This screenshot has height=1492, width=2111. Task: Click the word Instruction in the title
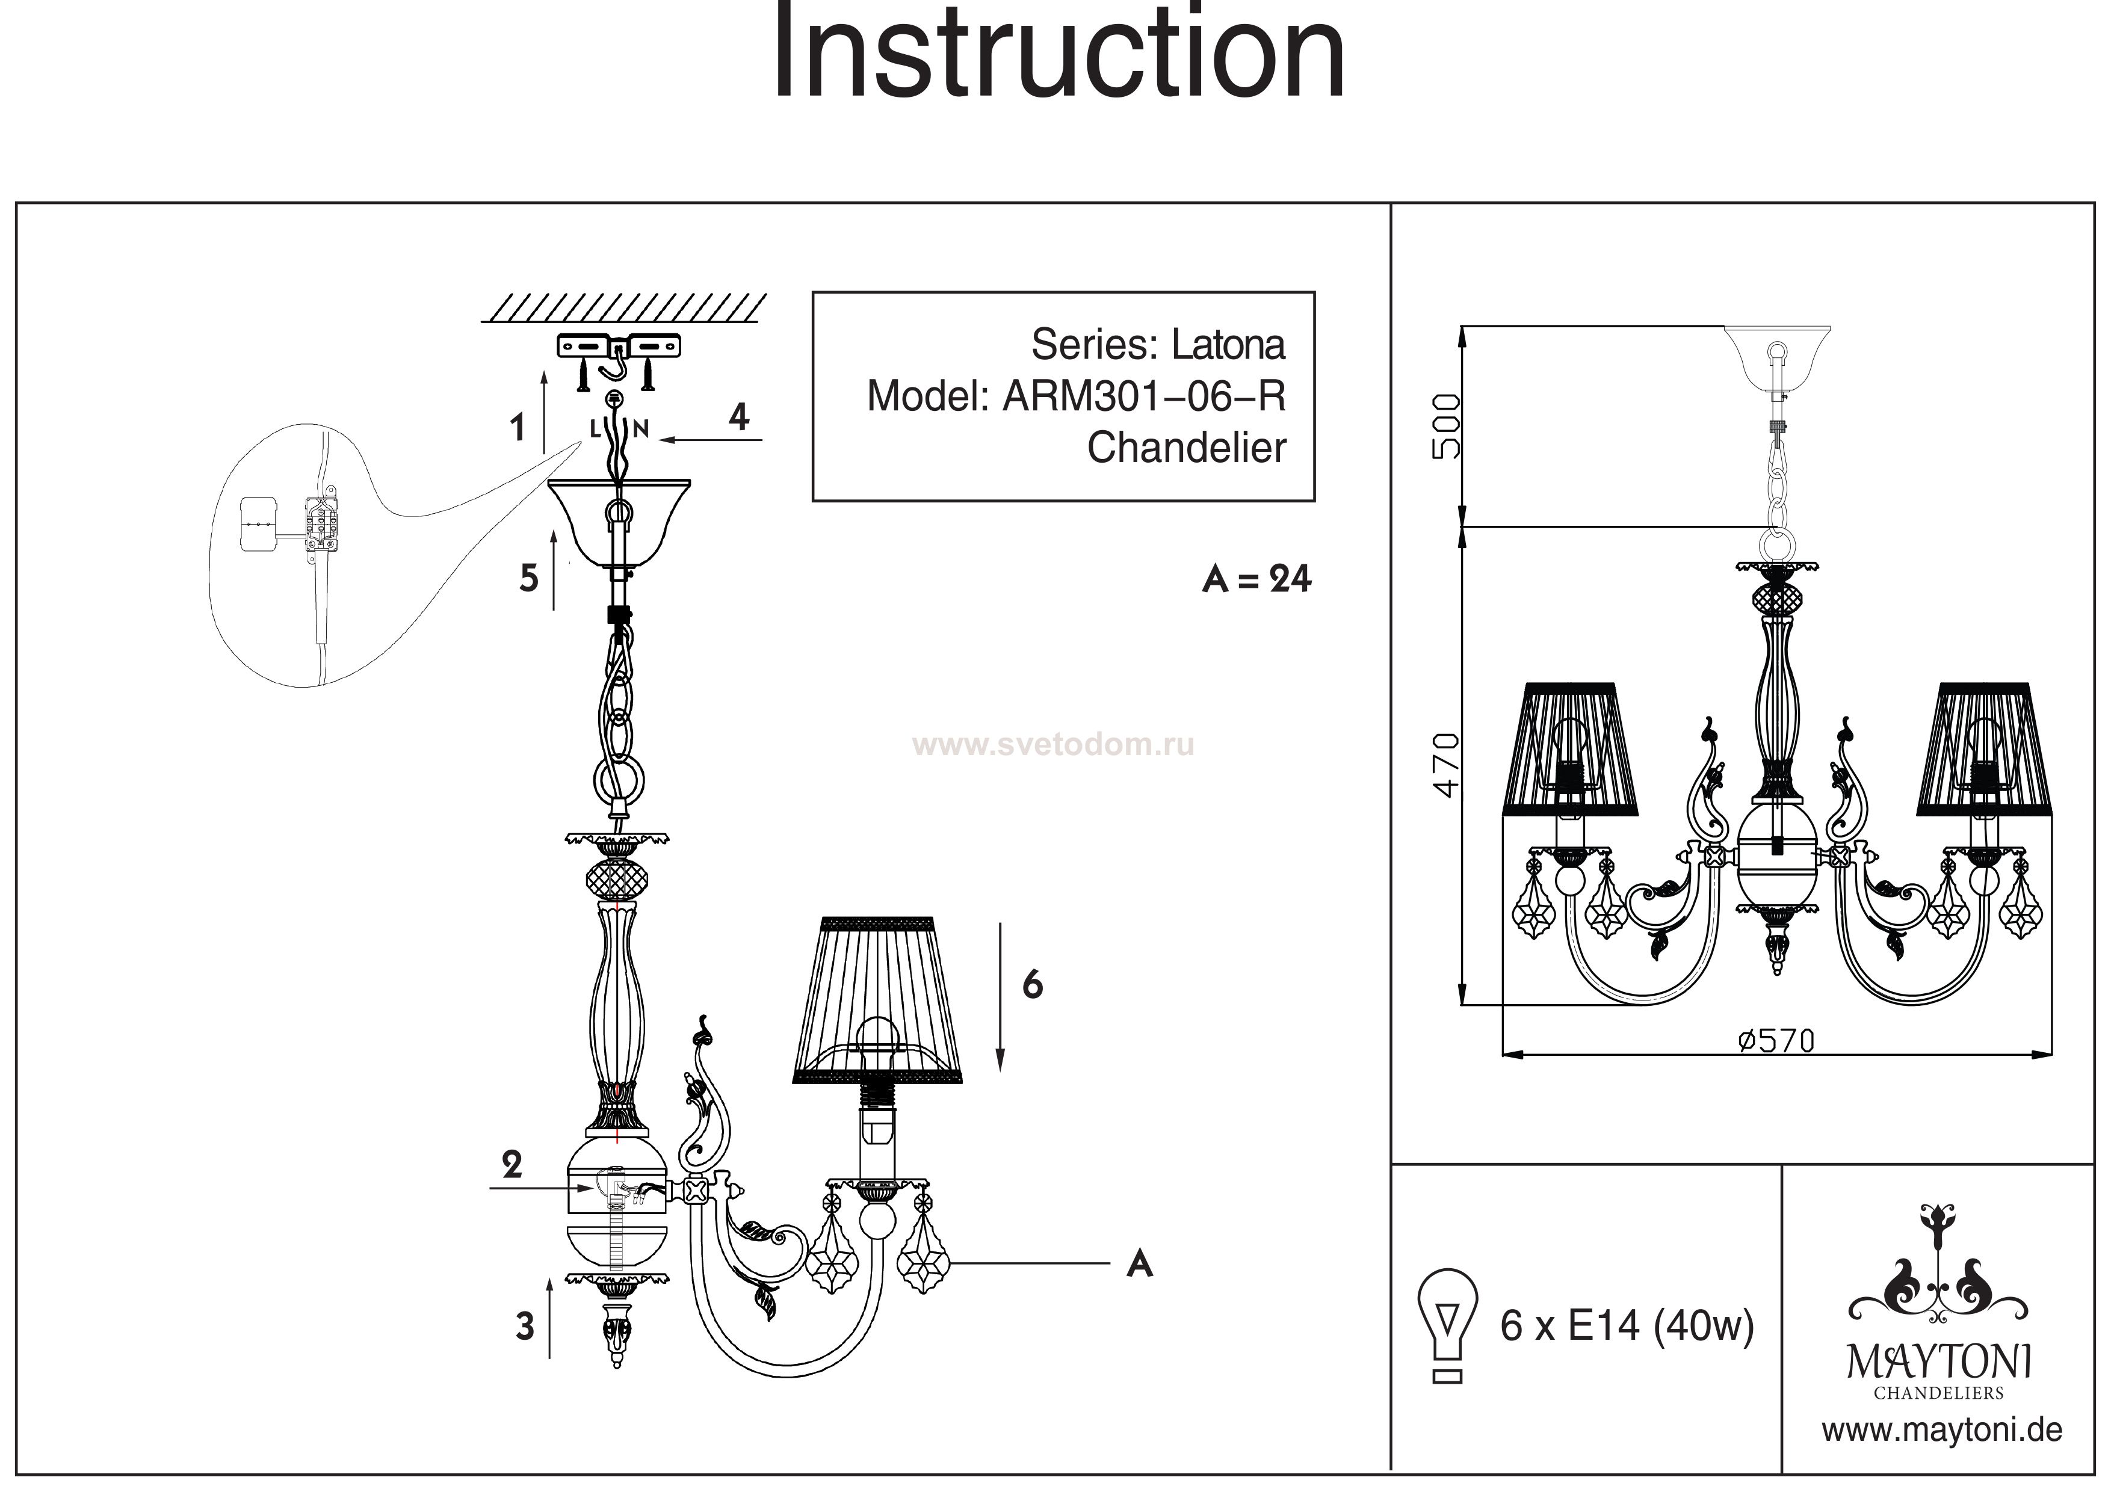(x=1057, y=55)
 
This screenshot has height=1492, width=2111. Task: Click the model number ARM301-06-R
(x=1144, y=396)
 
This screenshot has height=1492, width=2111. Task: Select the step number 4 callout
(x=738, y=418)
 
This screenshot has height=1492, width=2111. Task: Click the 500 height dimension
(x=1445, y=425)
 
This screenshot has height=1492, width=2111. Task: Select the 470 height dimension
(x=1445, y=765)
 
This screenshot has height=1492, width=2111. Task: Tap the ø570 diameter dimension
(x=1776, y=1041)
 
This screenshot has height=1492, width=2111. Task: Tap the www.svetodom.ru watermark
(x=1052, y=745)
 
